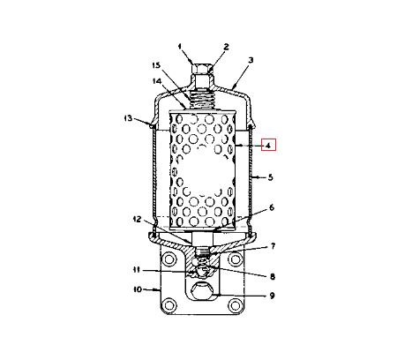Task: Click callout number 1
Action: pos(180,47)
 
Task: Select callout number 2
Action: pos(226,47)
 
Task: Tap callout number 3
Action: pos(251,60)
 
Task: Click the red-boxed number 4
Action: pos(268,145)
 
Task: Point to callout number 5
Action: pos(270,177)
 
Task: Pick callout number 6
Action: pos(272,207)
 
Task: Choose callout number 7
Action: pos(273,246)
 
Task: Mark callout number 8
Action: pos(273,276)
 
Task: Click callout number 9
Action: pos(272,296)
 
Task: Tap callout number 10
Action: pos(138,289)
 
